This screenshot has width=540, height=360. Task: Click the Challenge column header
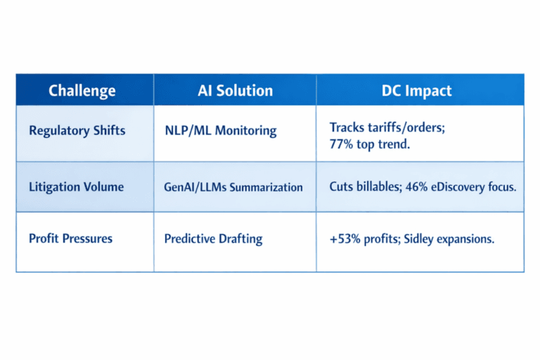(x=82, y=91)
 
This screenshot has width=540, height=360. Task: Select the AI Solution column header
(x=235, y=91)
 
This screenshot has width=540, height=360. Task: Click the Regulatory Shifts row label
(x=77, y=131)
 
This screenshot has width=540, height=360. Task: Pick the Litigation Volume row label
(x=76, y=187)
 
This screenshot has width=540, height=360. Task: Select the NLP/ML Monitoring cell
(x=220, y=131)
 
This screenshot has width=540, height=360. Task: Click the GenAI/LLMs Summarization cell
(x=233, y=187)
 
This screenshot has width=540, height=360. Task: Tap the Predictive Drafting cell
(x=213, y=238)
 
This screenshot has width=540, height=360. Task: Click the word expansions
(x=464, y=238)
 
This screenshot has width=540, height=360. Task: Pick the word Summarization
(x=266, y=187)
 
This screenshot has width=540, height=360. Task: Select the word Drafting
(x=239, y=238)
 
